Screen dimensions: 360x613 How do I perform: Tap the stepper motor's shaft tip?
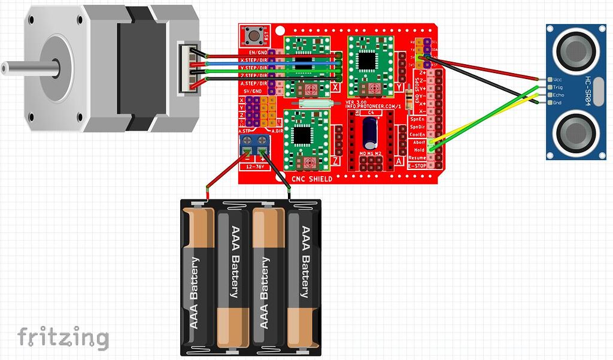4,68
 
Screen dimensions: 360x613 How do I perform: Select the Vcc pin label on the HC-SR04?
558,79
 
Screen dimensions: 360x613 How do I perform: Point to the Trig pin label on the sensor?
558,87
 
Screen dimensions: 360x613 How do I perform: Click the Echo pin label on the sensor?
559,95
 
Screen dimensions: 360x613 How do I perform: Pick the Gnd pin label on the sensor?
558,102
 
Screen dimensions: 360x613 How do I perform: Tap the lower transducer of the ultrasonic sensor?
575,134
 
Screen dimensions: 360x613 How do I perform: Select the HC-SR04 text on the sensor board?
588,91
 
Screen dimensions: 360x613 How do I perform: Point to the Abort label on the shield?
419,142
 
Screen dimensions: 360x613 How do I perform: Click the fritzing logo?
63,338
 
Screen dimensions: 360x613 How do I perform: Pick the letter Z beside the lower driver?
335,161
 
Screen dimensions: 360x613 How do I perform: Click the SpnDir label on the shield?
418,126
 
